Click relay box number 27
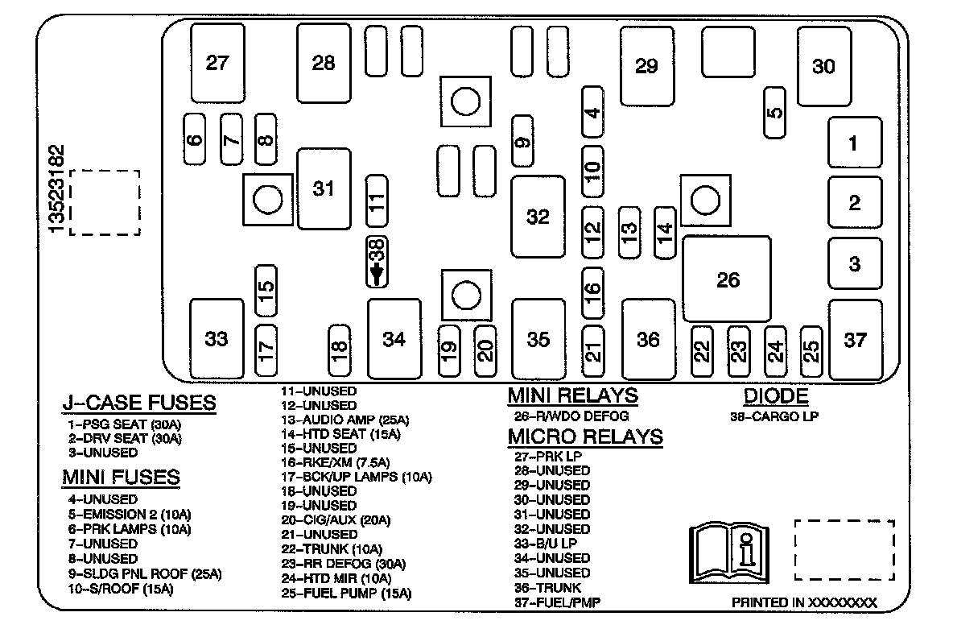click(x=217, y=63)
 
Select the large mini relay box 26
click(x=727, y=279)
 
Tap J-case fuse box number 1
click(x=854, y=143)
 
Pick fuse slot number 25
click(x=812, y=350)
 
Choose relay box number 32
click(x=538, y=216)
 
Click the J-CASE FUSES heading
click(x=139, y=403)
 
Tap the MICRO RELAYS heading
click(x=585, y=436)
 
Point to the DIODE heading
click(x=775, y=395)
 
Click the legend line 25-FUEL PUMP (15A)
click(x=346, y=594)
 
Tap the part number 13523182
click(x=57, y=189)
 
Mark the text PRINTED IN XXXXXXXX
click(x=804, y=602)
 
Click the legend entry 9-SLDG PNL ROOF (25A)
click(x=145, y=574)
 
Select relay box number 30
click(x=823, y=66)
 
